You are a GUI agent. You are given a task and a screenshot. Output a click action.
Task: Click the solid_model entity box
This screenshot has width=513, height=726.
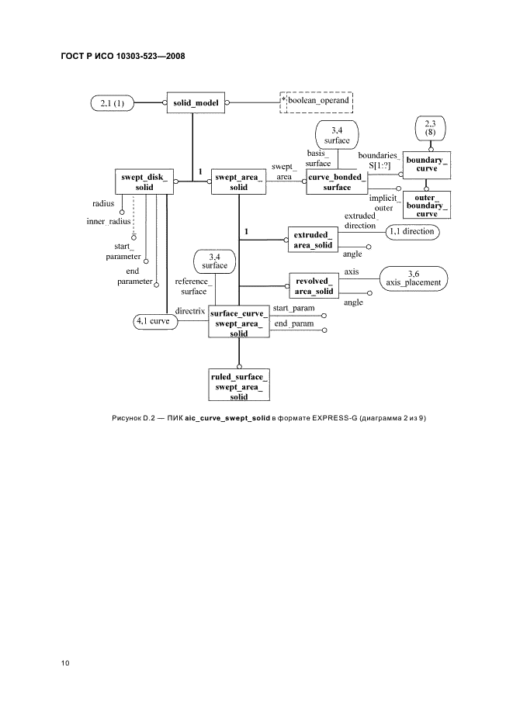(x=195, y=102)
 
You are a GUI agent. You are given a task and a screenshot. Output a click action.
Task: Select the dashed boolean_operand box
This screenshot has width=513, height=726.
(x=316, y=102)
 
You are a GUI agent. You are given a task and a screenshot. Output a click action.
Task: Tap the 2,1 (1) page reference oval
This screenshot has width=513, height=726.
(x=113, y=102)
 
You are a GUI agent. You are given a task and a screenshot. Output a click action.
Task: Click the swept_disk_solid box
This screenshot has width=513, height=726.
(x=143, y=182)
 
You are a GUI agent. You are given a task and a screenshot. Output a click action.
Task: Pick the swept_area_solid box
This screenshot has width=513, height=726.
(x=238, y=183)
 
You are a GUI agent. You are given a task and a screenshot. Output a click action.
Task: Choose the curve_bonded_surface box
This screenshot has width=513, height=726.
(x=336, y=182)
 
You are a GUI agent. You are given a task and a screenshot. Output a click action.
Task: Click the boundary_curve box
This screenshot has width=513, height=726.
(x=427, y=164)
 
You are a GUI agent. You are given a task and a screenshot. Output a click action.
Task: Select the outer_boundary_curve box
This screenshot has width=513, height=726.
(x=427, y=203)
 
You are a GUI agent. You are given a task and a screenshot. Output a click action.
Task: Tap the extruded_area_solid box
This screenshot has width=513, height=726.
(x=313, y=240)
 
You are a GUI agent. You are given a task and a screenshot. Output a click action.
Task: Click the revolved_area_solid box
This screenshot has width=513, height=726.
(x=314, y=285)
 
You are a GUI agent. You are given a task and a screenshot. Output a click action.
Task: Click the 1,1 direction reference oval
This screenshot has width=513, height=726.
(x=411, y=232)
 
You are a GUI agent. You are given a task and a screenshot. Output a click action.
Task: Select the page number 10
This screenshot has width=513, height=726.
(x=65, y=662)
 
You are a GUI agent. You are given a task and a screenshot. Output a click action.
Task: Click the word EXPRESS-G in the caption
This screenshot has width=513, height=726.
(x=335, y=419)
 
